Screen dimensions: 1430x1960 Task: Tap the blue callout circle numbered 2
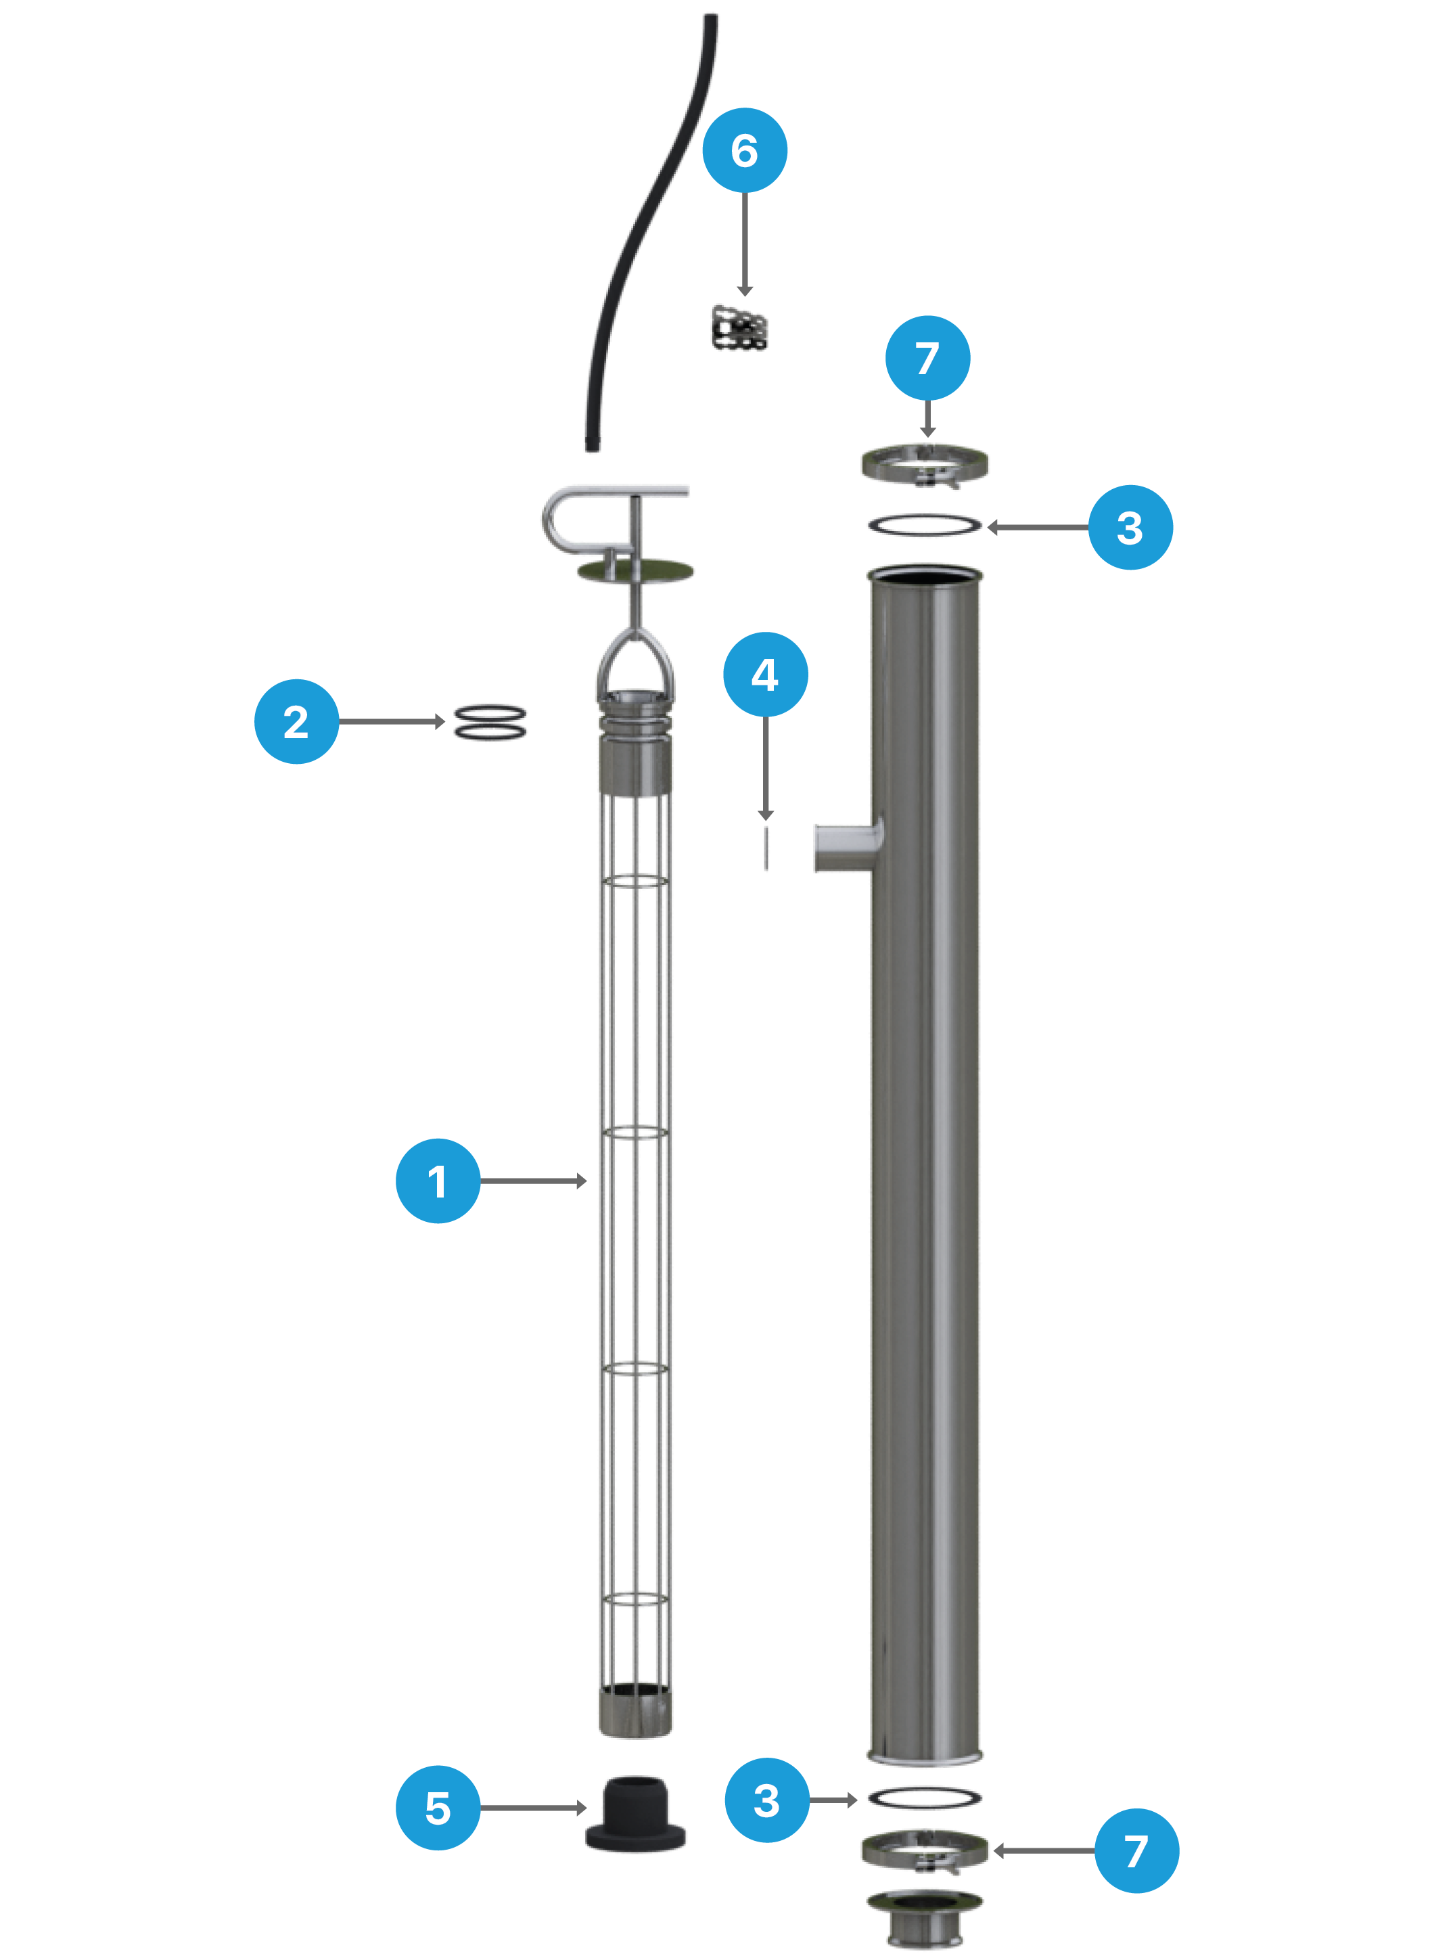tap(296, 721)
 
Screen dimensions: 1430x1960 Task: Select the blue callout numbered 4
tap(765, 675)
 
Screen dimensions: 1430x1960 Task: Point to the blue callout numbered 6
tap(745, 150)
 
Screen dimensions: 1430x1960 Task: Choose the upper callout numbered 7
tap(927, 357)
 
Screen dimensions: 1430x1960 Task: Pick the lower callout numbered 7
tap(1136, 1851)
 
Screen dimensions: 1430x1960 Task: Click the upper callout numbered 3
tap(1130, 527)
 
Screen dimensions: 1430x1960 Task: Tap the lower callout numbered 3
tap(767, 1800)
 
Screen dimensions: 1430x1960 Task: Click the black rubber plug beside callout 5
tap(635, 1815)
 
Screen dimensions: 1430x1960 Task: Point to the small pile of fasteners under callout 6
tap(739, 328)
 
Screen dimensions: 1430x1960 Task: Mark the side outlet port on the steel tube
tap(847, 846)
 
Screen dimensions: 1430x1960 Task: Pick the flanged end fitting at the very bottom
tap(925, 1919)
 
